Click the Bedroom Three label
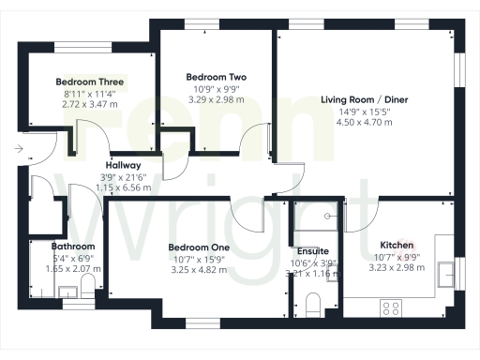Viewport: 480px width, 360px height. [x=90, y=82]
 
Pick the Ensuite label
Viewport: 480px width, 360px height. [x=312, y=251]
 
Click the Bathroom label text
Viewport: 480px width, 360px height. [x=72, y=247]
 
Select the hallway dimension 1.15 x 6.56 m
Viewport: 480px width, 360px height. [x=124, y=187]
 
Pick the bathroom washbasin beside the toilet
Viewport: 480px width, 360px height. [x=67, y=292]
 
